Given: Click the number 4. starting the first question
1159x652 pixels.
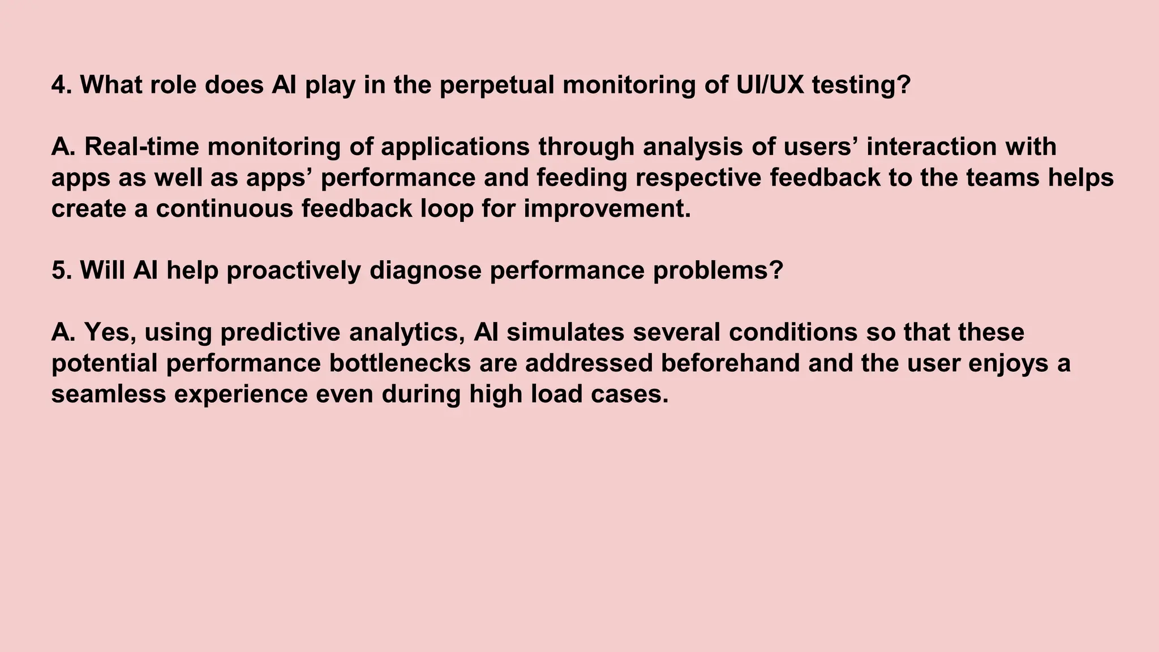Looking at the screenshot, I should click(61, 85).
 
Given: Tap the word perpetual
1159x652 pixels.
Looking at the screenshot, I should click(496, 85).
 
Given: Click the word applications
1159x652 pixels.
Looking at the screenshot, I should click(455, 147).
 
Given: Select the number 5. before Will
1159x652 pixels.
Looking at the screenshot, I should click(61, 270).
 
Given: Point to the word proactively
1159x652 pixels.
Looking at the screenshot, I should click(294, 270).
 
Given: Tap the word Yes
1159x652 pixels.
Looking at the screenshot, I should click(110, 332).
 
